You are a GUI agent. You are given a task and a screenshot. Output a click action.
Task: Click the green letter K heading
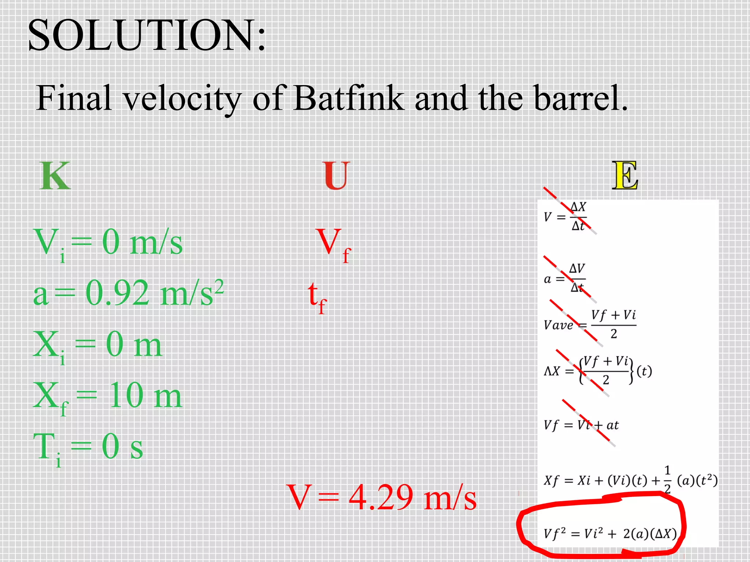coord(55,176)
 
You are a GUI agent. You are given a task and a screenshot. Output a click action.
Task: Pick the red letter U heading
coord(336,176)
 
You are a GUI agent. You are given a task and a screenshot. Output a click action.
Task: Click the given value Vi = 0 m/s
coord(108,243)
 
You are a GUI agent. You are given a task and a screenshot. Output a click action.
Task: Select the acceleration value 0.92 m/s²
coord(154,293)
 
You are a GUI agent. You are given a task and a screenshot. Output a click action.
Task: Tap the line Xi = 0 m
coord(97,345)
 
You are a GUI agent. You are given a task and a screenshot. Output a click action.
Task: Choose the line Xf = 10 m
coord(107,396)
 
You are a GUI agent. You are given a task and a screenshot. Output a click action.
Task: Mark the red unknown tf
coord(317,296)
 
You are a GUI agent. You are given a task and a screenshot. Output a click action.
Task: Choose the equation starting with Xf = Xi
coord(630,480)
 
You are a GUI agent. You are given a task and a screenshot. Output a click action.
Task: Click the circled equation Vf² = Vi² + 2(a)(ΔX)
coord(610,534)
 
